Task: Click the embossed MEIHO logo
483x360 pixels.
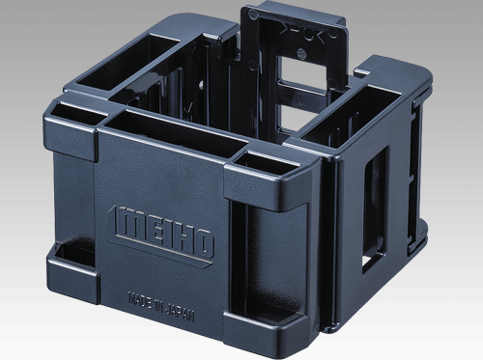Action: click(x=161, y=231)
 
